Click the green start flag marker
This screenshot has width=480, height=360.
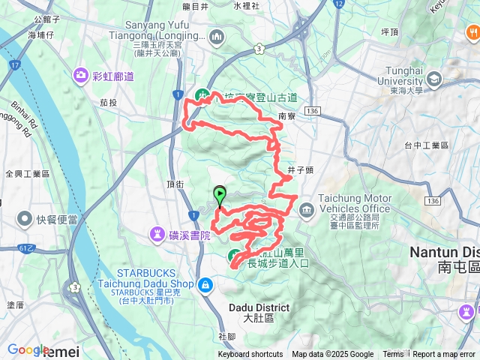click(219, 195)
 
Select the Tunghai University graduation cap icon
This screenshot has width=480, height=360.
click(434, 79)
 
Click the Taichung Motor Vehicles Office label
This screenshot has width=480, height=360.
click(355, 203)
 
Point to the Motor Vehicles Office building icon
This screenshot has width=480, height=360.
click(306, 210)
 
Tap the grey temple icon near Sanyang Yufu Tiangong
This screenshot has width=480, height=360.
click(217, 35)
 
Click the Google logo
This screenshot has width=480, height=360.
click(28, 349)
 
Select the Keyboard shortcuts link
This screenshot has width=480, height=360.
click(250, 355)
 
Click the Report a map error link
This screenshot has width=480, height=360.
click(445, 355)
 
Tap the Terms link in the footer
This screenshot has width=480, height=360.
click(393, 355)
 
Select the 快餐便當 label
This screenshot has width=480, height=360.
click(60, 220)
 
